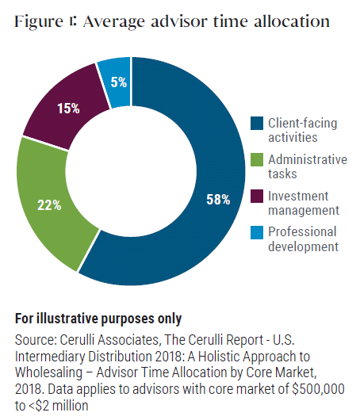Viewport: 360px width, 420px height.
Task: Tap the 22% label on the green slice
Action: tap(50, 204)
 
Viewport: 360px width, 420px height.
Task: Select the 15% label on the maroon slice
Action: tap(67, 109)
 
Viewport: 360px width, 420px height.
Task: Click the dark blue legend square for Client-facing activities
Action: tap(257, 123)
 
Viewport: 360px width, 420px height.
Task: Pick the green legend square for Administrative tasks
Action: tap(257, 159)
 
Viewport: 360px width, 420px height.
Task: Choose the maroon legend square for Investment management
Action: tap(257, 196)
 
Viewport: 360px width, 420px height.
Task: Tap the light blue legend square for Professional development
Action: tap(257, 232)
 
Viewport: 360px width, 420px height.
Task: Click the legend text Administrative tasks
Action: tap(306, 166)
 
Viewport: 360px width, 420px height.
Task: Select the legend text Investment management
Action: tap(304, 203)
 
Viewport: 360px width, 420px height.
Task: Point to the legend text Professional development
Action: tap(302, 239)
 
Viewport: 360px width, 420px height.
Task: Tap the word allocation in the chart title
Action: tap(289, 21)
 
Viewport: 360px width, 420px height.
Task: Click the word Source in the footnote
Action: tap(34, 339)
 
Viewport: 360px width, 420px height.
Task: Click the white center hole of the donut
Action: tap(131, 171)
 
